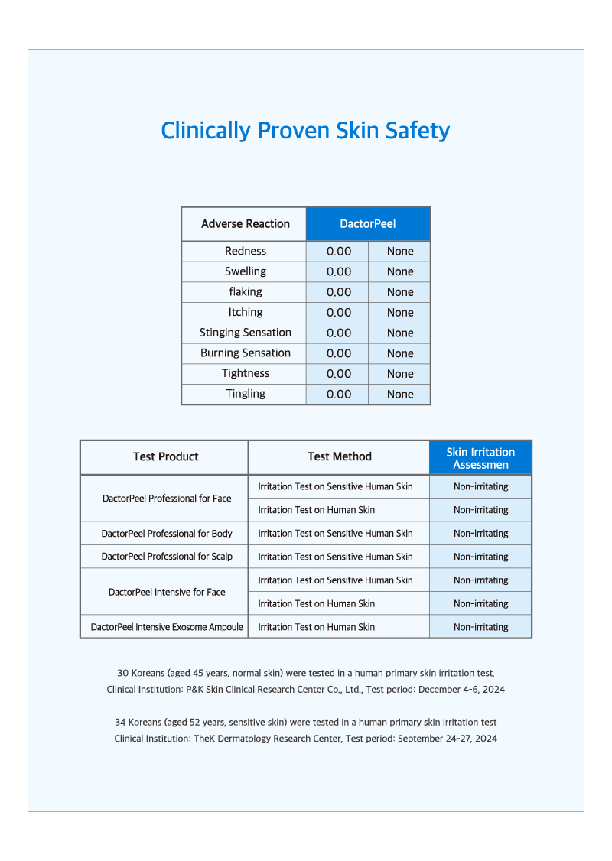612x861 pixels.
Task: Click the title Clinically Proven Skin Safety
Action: [x=305, y=131]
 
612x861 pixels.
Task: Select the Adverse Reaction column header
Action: [x=245, y=224]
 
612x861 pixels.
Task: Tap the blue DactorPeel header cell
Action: [x=368, y=224]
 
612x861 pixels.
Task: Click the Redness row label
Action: [x=246, y=251]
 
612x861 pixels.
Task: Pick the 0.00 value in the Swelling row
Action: [x=338, y=271]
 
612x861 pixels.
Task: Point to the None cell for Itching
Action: [x=400, y=312]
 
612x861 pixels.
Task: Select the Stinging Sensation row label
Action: [x=246, y=333]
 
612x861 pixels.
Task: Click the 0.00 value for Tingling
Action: [x=338, y=394]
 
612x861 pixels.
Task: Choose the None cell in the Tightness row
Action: [x=400, y=373]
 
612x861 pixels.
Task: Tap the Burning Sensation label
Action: [x=246, y=353]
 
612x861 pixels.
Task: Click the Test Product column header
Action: [x=165, y=456]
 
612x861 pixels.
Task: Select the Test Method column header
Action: [x=340, y=456]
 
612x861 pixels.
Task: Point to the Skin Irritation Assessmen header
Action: [x=480, y=458]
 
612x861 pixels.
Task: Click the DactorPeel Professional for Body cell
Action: [x=167, y=534]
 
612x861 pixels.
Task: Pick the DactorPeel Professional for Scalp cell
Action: [x=167, y=557]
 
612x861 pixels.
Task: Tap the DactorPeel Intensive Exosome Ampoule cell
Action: [x=167, y=627]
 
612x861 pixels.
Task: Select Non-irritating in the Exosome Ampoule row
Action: [x=480, y=627]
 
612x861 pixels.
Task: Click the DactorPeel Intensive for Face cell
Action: [x=167, y=592]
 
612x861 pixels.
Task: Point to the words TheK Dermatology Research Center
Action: [x=269, y=739]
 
